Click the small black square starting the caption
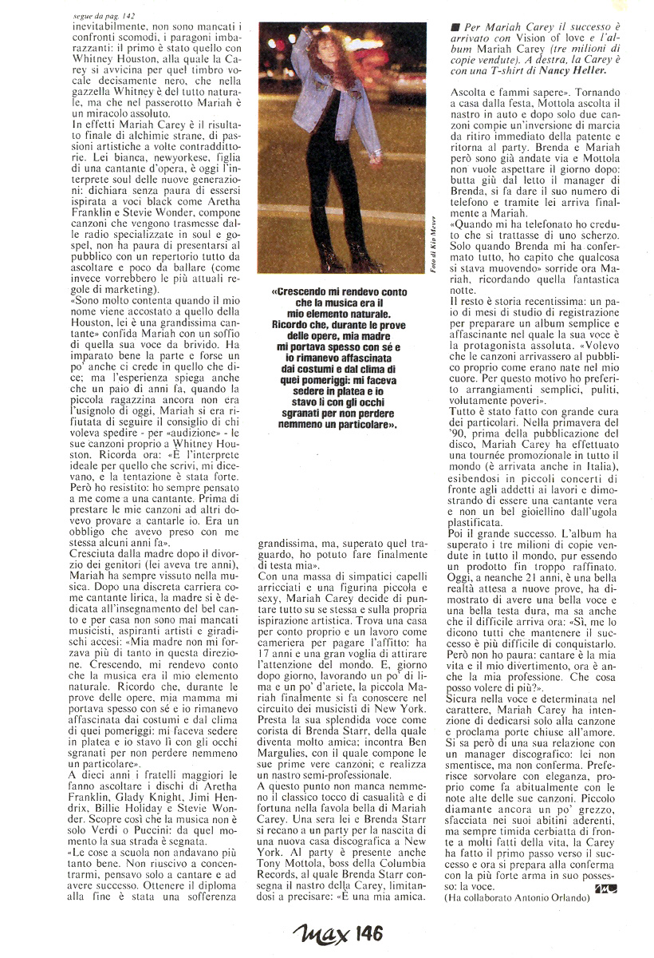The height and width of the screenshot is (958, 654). [x=454, y=26]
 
